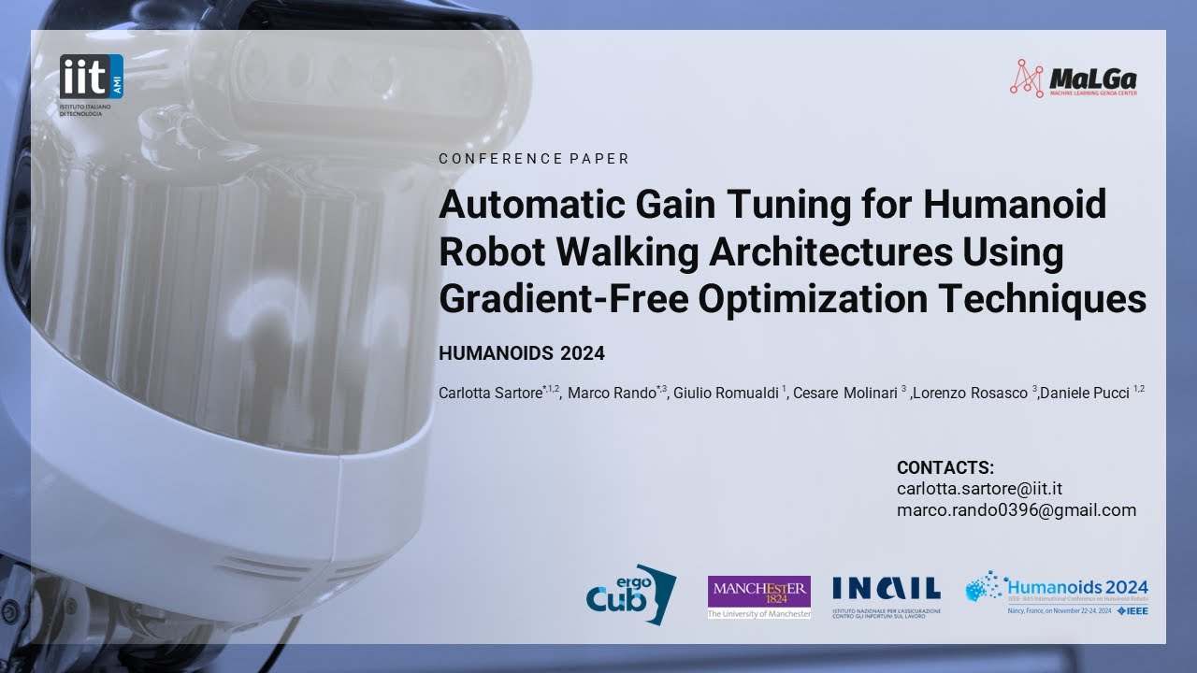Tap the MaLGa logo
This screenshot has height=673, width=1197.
point(1074,79)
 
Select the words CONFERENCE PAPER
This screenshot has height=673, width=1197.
point(534,159)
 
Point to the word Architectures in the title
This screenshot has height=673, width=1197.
point(823,251)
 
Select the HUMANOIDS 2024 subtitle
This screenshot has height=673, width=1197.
point(522,354)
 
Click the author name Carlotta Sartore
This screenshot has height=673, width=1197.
point(490,394)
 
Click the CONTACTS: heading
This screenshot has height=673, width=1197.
point(945,468)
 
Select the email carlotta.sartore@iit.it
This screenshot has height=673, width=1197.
point(979,489)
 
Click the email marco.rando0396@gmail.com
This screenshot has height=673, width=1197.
point(1016,510)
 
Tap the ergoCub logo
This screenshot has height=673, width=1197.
point(630,592)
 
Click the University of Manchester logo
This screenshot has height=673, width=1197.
point(759,596)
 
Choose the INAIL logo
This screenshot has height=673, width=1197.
point(886,589)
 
